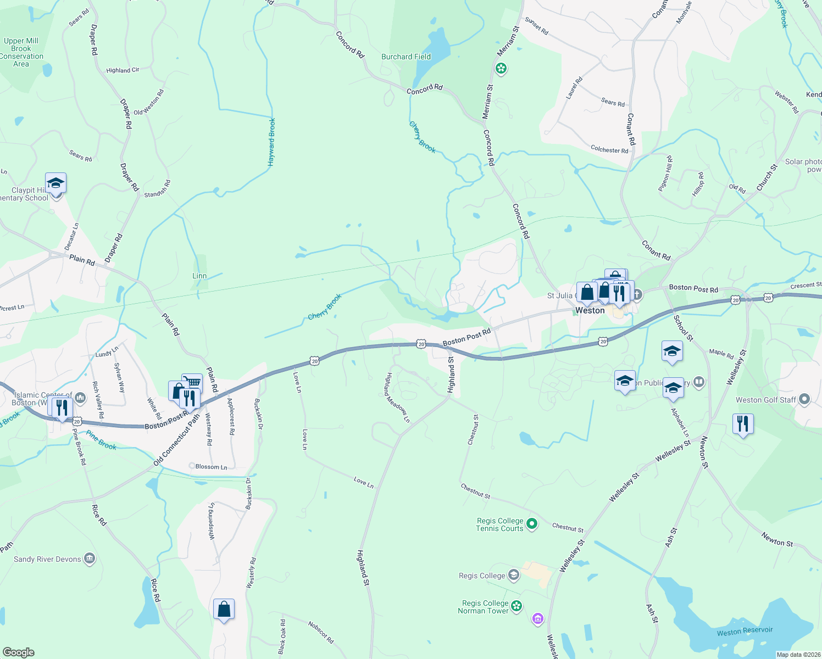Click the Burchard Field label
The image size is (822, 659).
pyautogui.click(x=406, y=57)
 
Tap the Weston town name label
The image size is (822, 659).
pyautogui.click(x=590, y=310)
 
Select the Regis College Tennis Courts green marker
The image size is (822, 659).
pyautogui.click(x=531, y=524)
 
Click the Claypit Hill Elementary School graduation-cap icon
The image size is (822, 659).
pyautogui.click(x=55, y=183)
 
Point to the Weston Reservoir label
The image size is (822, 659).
pyautogui.click(x=745, y=631)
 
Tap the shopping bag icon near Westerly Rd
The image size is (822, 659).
pyautogui.click(x=224, y=609)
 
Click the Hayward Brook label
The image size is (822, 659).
pyautogui.click(x=271, y=142)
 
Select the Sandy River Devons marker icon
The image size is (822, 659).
pyautogui.click(x=90, y=559)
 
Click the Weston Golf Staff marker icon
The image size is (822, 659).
pyautogui.click(x=804, y=399)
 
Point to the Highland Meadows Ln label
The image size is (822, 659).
pyautogui.click(x=397, y=398)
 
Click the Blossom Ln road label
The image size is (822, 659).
pyautogui.click(x=211, y=467)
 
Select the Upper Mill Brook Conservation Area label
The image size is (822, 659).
pyautogui.click(x=21, y=52)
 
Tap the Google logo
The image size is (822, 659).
pyautogui.click(x=18, y=652)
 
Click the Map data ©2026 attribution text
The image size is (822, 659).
pyautogui.click(x=797, y=655)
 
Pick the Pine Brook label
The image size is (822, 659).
pyautogui.click(x=101, y=441)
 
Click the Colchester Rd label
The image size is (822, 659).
pyautogui.click(x=609, y=149)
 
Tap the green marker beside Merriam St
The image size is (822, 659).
pyautogui.click(x=501, y=69)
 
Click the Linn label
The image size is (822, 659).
pyautogui.click(x=199, y=276)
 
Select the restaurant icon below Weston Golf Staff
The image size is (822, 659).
pyautogui.click(x=742, y=424)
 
